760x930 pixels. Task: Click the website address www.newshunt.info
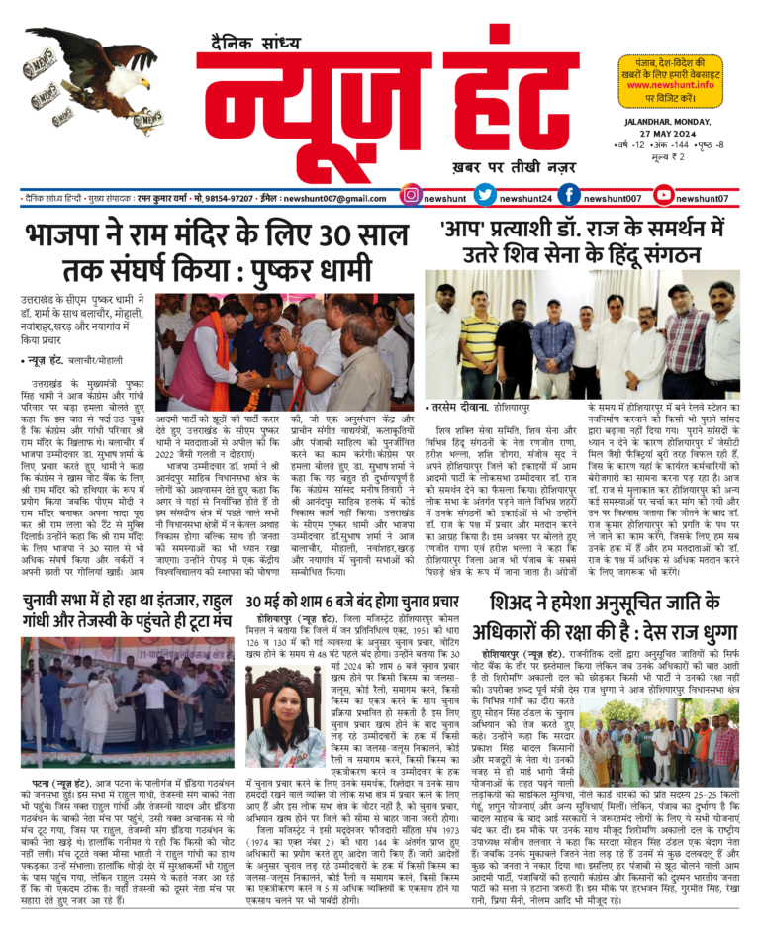pyautogui.click(x=674, y=85)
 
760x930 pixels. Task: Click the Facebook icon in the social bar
pyautogui.click(x=569, y=197)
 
